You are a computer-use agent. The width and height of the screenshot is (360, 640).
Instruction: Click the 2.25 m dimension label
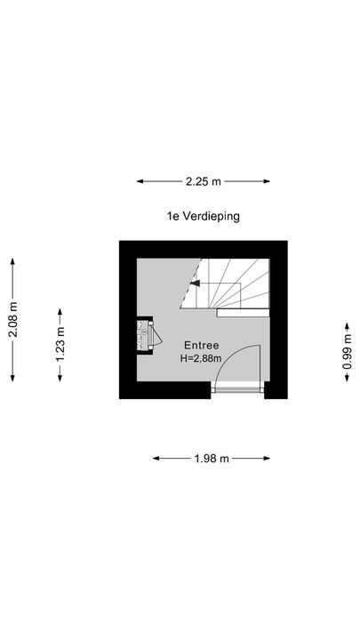203,181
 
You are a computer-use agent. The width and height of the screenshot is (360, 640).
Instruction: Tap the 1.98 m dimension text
212,459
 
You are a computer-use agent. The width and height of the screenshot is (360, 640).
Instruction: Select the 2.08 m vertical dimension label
13,320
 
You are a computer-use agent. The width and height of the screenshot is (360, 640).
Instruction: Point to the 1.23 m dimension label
60,345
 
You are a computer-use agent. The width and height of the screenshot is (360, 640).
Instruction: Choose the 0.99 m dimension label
347,352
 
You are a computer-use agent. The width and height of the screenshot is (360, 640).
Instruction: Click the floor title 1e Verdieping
203,216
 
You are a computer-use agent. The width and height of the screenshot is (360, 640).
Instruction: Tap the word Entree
201,345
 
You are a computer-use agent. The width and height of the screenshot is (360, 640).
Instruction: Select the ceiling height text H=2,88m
201,359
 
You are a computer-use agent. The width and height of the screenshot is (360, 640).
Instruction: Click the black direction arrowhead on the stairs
195,283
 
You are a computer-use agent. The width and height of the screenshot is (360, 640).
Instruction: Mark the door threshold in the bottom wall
237,388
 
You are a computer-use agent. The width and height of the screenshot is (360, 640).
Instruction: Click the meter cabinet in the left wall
146,335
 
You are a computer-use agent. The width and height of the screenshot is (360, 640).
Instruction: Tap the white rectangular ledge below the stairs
243,313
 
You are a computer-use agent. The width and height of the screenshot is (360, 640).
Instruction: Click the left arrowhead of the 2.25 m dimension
140,181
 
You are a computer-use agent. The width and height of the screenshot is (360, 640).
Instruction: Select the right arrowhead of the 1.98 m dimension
267,459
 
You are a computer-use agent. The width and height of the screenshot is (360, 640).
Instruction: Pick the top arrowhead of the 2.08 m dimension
12,262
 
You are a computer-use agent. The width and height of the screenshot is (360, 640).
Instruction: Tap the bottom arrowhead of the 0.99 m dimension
347,378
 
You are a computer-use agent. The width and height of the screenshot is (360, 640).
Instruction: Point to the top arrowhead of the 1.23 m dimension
60,312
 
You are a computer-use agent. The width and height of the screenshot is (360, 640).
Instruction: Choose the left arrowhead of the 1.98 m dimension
156,459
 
